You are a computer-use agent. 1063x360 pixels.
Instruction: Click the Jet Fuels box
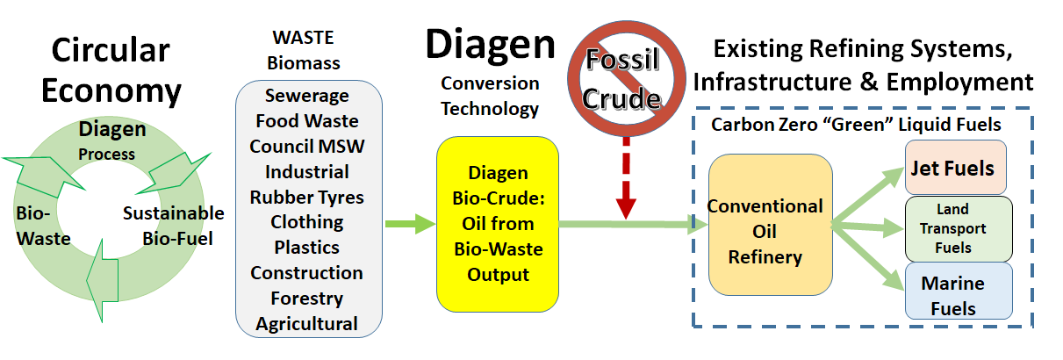point(956,167)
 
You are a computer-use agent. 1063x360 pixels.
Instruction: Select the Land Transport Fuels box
point(959,229)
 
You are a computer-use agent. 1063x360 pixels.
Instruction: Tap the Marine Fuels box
point(959,292)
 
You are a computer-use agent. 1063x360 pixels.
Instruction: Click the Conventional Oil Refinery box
point(770,225)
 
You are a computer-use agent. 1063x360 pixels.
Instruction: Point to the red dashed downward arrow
point(627,178)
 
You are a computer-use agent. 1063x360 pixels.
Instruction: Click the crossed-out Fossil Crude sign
point(627,79)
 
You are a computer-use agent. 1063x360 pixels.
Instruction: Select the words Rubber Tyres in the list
point(307,197)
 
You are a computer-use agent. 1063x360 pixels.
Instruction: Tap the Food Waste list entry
point(307,120)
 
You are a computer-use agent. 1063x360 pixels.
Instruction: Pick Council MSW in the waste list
point(307,147)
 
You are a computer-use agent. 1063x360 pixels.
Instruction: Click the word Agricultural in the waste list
point(307,324)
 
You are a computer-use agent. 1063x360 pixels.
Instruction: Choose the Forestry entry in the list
point(307,299)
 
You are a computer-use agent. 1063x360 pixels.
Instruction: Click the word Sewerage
point(307,96)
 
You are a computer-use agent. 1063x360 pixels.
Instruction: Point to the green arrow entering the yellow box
point(411,224)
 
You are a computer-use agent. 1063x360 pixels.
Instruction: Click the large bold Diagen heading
point(490,44)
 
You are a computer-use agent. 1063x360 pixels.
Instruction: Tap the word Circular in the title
point(111,49)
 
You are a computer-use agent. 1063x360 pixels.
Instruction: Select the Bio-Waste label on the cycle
point(43,226)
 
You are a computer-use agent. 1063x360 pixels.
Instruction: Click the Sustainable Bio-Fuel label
point(174,226)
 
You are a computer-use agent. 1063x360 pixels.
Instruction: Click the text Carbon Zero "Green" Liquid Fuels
point(856,125)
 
